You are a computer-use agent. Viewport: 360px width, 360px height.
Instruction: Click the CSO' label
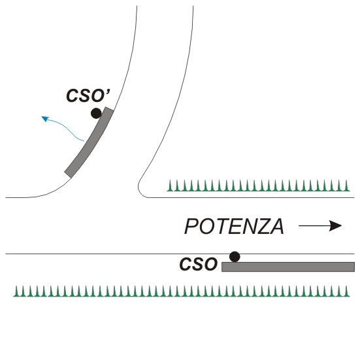pos(88,95)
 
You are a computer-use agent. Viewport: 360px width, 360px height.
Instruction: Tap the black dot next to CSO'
pos(96,114)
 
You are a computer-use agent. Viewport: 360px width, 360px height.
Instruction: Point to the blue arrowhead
pos(45,119)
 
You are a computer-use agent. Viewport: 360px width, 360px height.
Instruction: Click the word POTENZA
pos(234,226)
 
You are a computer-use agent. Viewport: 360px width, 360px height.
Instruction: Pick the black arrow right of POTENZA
pos(320,225)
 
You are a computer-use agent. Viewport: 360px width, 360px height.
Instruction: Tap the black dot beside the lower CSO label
pos(235,257)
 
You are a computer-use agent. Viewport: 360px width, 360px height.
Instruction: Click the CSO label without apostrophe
pos(199,264)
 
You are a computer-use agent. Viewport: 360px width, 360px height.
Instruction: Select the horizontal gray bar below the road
pos(288,267)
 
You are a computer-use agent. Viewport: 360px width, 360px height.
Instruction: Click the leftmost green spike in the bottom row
pos(16,291)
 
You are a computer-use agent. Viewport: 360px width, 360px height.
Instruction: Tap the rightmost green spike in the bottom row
pos(346,291)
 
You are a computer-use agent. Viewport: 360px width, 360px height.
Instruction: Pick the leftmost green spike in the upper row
pos(170,186)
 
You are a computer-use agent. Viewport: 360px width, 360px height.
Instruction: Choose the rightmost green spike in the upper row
pos(346,186)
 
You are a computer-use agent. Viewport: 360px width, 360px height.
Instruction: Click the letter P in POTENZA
pos(191,226)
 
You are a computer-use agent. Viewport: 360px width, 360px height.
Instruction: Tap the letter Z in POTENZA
pos(261,226)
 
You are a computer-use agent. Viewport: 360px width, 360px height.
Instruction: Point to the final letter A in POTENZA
pos(276,226)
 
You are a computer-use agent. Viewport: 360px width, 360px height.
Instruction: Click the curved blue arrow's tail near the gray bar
pos(84,140)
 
